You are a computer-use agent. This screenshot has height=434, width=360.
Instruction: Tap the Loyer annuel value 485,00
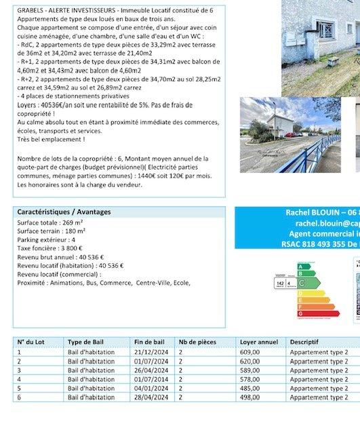coord(249,388)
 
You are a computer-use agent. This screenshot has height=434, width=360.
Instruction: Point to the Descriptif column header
coord(304,342)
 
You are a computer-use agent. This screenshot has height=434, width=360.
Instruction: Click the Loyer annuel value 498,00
coord(249,397)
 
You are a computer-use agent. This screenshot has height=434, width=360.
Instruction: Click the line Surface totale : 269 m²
coord(50,222)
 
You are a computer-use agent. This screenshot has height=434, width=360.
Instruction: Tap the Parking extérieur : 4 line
coord(46,239)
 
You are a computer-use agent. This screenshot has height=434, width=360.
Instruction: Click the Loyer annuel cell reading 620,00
coord(249,361)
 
